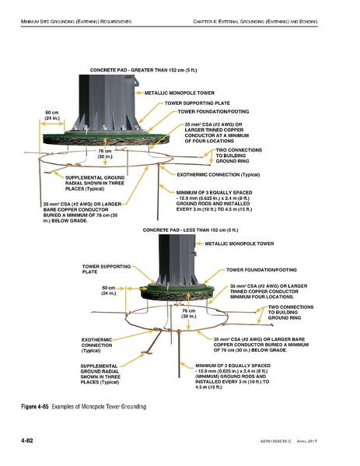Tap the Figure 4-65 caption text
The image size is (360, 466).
[83, 407]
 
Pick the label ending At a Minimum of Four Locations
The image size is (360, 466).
[215, 134]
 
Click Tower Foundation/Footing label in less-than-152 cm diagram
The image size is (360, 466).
[260, 270]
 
